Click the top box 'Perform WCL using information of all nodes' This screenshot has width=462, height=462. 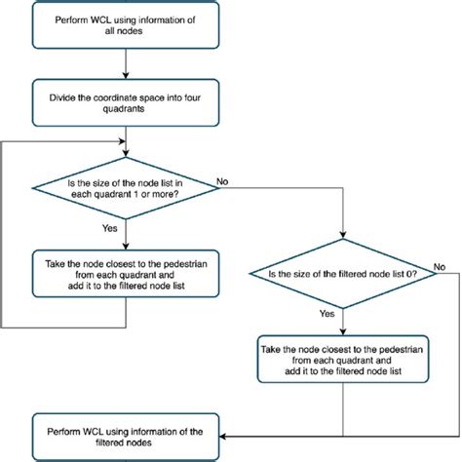pos(128,24)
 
